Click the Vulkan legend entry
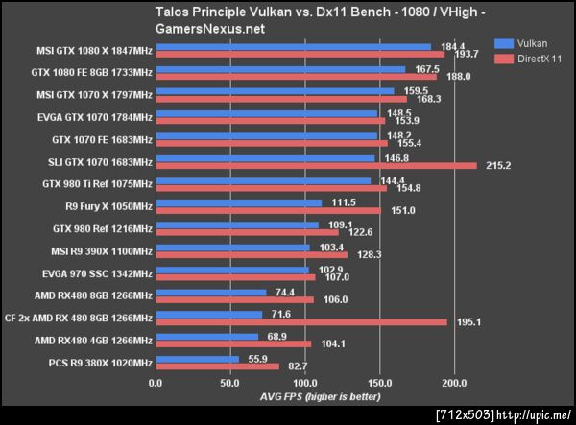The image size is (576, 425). click(527, 43)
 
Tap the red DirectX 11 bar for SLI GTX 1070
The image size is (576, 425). click(316, 165)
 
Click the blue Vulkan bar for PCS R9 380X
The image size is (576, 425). click(197, 359)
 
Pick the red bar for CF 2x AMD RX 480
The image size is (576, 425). click(300, 321)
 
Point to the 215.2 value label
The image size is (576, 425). click(497, 166)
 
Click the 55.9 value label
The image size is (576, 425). click(256, 358)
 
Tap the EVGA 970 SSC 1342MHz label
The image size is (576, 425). click(94, 273)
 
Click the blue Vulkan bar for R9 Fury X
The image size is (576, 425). click(239, 202)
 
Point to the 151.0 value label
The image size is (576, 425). click(401, 210)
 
